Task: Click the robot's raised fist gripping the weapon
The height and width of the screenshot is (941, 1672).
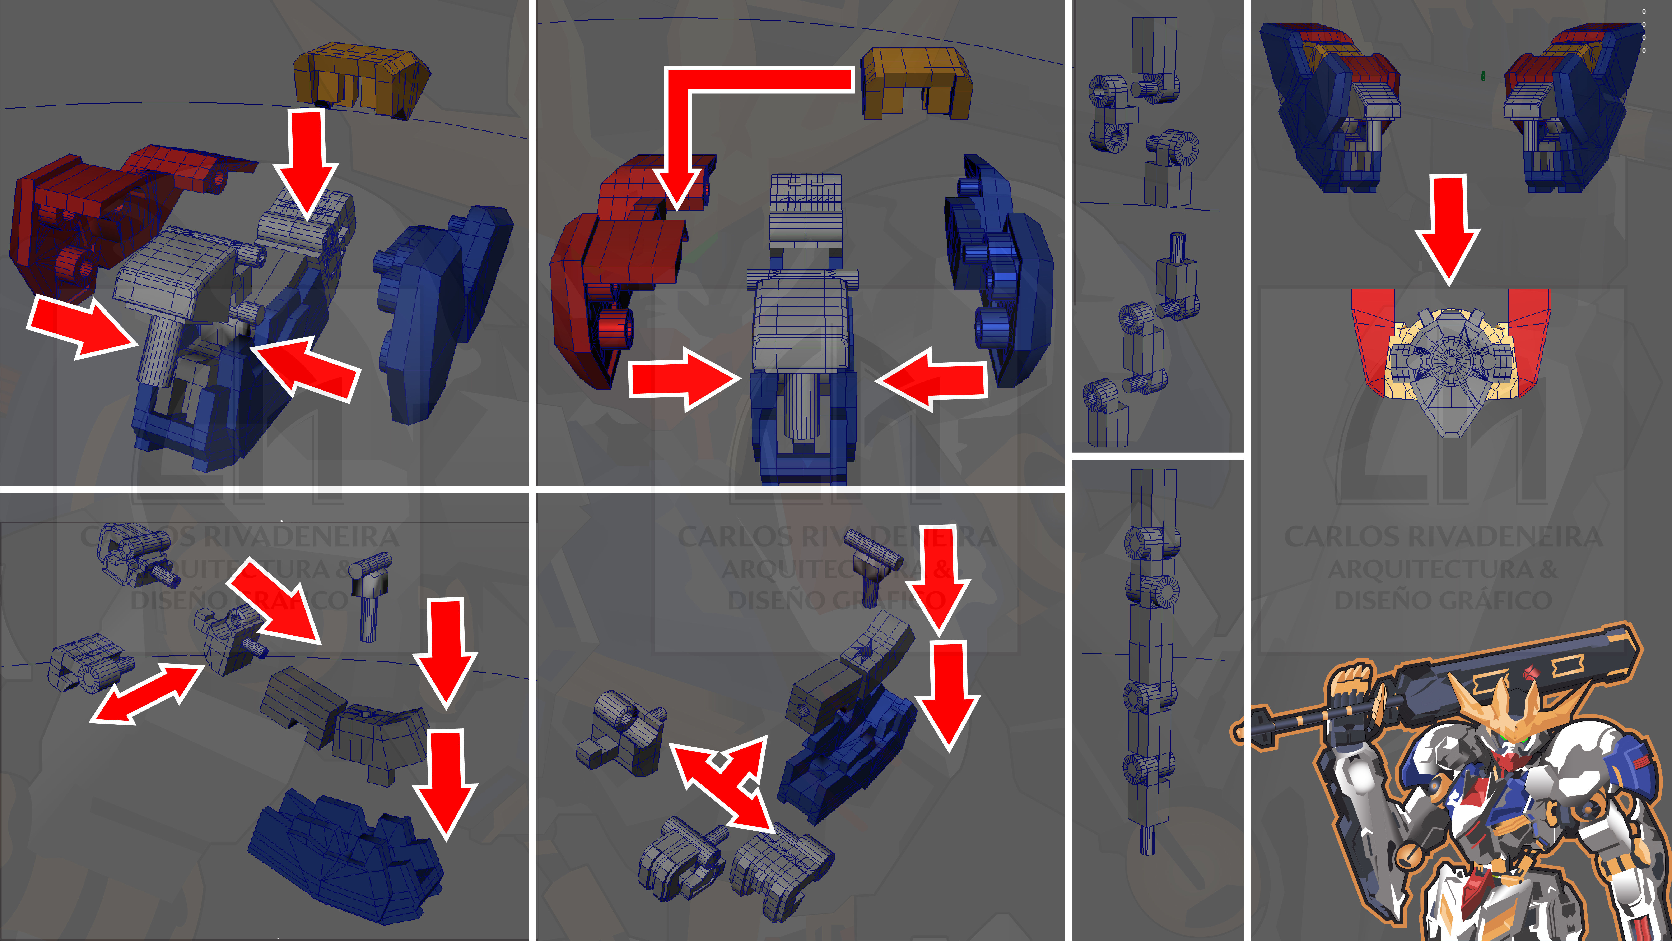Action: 1353,688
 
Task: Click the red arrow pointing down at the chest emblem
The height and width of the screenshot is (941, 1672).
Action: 1447,227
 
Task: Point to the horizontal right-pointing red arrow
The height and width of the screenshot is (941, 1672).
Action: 681,379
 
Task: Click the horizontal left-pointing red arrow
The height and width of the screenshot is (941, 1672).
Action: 935,380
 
